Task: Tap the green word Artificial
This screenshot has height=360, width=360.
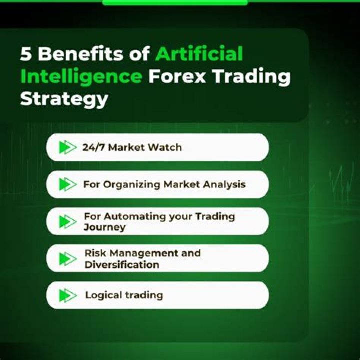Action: pyautogui.click(x=199, y=54)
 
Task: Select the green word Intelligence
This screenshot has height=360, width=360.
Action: pyautogui.click(x=81, y=77)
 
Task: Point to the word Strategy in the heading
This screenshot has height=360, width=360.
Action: pyautogui.click(x=64, y=99)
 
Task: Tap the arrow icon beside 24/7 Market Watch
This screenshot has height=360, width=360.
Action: pyautogui.click(x=67, y=147)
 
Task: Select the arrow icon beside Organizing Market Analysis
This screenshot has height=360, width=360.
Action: pyautogui.click(x=67, y=184)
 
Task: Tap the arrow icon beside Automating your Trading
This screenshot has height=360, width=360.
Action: pyautogui.click(x=67, y=222)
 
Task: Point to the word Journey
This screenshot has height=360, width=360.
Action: pyautogui.click(x=105, y=227)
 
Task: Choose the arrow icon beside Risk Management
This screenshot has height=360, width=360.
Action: pyautogui.click(x=67, y=259)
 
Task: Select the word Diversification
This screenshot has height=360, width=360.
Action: pyautogui.click(x=122, y=265)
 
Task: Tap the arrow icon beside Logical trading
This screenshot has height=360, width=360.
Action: pyautogui.click(x=67, y=295)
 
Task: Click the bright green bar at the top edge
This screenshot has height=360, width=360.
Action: pyautogui.click(x=175, y=2)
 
